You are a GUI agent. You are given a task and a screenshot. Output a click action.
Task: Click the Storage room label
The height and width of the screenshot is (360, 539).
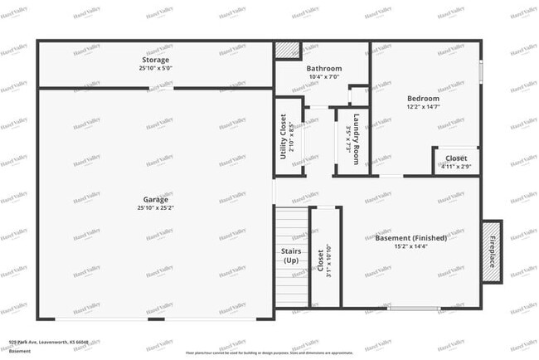(155, 60)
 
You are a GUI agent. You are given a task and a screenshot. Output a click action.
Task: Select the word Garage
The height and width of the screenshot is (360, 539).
(155, 200)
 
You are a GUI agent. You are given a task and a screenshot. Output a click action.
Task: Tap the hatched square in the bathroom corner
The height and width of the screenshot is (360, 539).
(287, 51)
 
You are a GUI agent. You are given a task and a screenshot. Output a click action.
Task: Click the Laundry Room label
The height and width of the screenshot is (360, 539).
(356, 139)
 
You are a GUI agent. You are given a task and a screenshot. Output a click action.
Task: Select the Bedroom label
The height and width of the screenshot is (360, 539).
(423, 98)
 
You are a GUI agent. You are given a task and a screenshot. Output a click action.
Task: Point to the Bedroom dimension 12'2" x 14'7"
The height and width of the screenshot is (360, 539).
(423, 107)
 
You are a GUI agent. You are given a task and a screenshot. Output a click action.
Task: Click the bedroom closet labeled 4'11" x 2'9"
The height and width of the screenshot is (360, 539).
(456, 161)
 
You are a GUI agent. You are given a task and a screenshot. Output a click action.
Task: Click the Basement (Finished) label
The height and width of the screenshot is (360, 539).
(411, 238)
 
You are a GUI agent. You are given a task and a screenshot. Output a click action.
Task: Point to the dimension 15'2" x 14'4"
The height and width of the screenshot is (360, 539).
(411, 247)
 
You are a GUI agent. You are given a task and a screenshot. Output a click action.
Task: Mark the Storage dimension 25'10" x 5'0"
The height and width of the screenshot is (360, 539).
(155, 69)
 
